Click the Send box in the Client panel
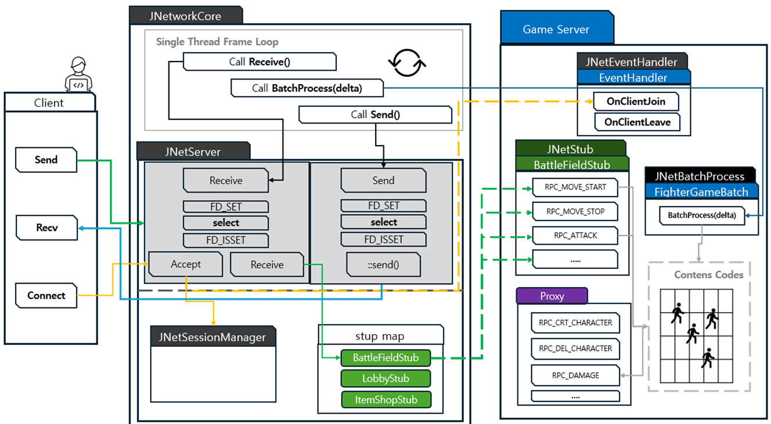coord(46,160)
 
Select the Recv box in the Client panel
coord(46,228)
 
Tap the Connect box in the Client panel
coord(46,295)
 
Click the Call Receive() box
coord(259,61)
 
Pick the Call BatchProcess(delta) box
coord(307,88)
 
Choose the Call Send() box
coord(375,114)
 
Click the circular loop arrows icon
coord(408,63)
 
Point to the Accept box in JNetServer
coord(186,264)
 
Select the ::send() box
coord(383,264)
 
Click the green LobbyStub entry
coord(385,379)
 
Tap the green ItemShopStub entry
coord(385,400)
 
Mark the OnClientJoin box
coord(635,102)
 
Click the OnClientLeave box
coord(637,122)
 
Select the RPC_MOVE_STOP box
coord(575,212)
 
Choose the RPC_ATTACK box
coord(575,235)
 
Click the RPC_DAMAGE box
coord(575,375)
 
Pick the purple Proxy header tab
coord(552,296)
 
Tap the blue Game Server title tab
coord(556,30)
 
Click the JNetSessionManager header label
coord(212,336)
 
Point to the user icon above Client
coord(78,74)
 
